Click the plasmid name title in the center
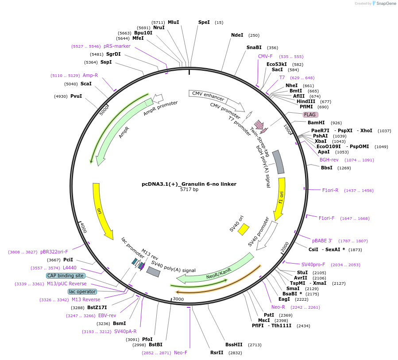tap(189, 184)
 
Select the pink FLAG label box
tap(309, 115)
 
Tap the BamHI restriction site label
tap(316, 123)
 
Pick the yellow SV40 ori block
tap(243, 229)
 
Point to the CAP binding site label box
tap(65, 276)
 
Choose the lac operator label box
tap(82, 291)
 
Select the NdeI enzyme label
tap(237, 35)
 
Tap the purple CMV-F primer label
tap(265, 56)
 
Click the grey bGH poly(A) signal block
tap(278, 162)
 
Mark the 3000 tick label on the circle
tap(178, 299)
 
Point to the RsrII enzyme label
tap(217, 352)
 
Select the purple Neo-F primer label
tap(181, 352)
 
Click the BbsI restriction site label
tap(327, 168)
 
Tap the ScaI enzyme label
tap(86, 84)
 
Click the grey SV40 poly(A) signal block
tap(153, 272)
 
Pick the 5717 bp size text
tap(189, 190)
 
